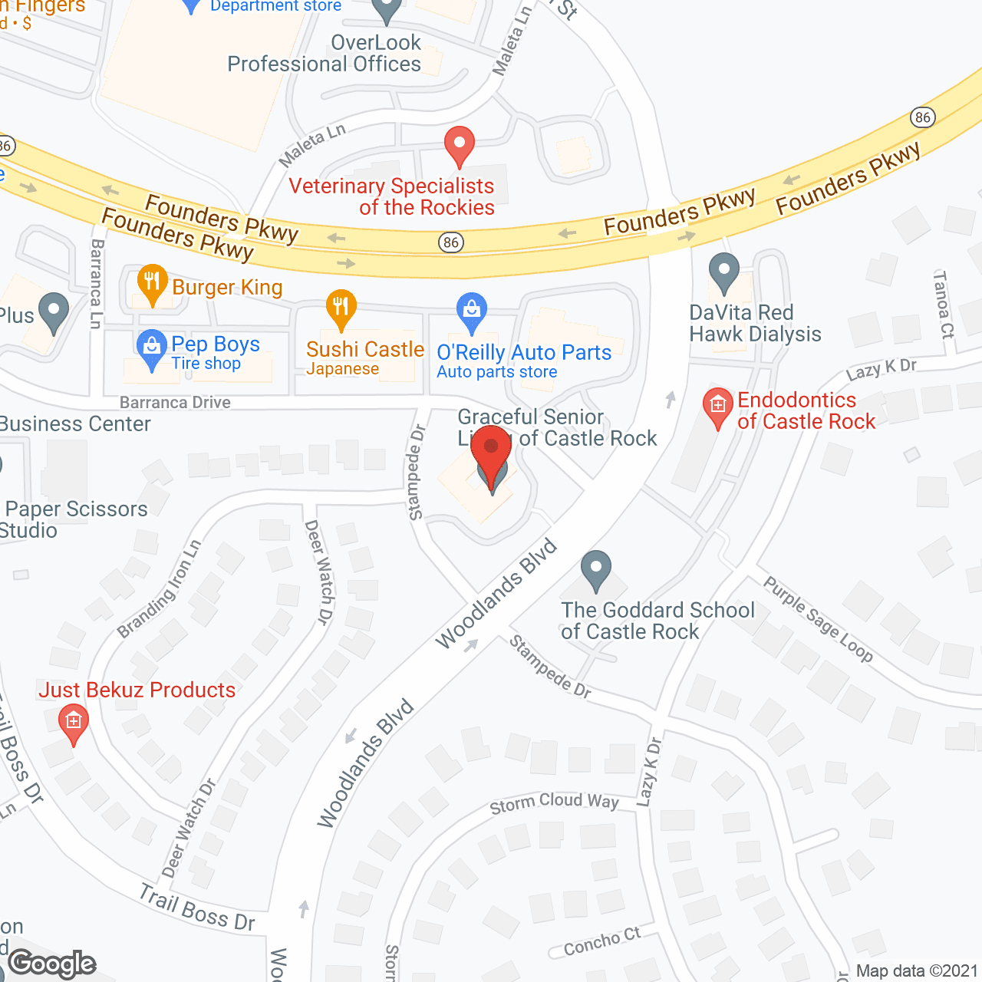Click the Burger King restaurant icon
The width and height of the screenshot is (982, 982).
[x=152, y=283]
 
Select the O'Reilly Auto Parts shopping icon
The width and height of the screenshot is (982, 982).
[x=471, y=311]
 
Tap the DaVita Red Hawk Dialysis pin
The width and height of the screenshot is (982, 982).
[x=723, y=272]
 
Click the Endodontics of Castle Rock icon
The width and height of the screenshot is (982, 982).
[x=717, y=406]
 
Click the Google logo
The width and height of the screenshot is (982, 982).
[x=52, y=964]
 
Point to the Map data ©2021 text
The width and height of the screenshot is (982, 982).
[x=917, y=971]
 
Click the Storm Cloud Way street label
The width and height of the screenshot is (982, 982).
[x=554, y=802]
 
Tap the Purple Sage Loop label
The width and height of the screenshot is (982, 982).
[x=818, y=619]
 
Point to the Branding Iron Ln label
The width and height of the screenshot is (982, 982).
[x=159, y=589]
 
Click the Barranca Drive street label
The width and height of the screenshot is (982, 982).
[x=175, y=403]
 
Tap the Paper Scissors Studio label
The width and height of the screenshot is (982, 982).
[x=75, y=519]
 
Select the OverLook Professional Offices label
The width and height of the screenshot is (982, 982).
[x=325, y=54]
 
